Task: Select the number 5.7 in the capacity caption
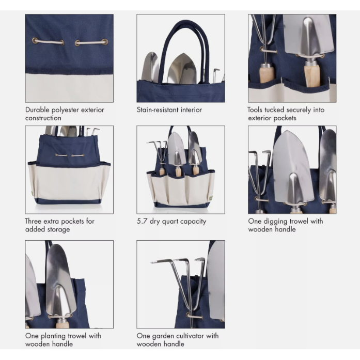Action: (142, 221)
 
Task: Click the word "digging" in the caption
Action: (275, 222)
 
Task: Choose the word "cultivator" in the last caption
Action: (189, 336)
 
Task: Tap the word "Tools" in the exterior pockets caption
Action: (255, 109)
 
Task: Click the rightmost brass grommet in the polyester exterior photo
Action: (105, 42)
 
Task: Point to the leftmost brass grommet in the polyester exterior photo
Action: (35, 41)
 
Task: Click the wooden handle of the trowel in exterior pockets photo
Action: (312, 75)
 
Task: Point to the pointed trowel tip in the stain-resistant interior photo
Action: (183, 54)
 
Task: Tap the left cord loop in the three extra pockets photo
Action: (61, 155)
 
